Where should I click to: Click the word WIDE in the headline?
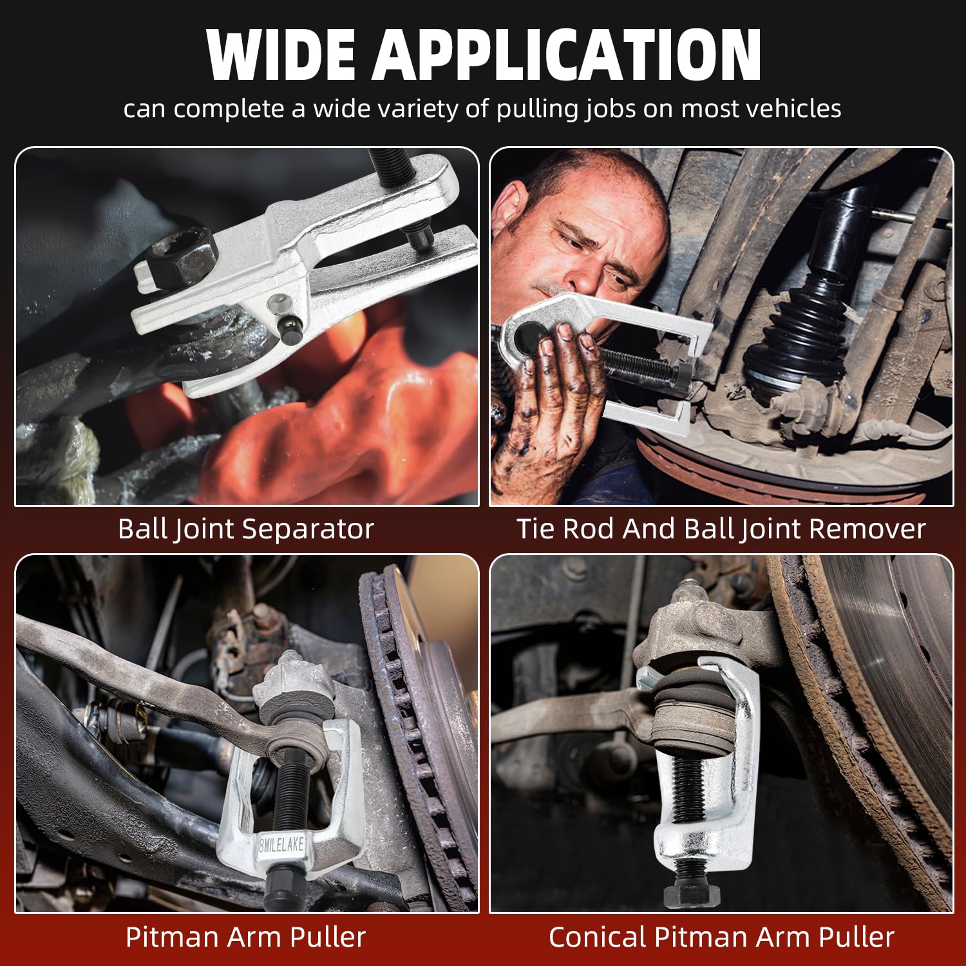pyautogui.click(x=281, y=55)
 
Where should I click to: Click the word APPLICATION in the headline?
pyautogui.click(x=567, y=55)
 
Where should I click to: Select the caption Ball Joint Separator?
pyautogui.click(x=245, y=529)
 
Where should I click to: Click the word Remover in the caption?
pyautogui.click(x=867, y=529)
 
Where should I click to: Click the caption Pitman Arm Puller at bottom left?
pyautogui.click(x=245, y=937)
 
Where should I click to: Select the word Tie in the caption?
pyautogui.click(x=536, y=529)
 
